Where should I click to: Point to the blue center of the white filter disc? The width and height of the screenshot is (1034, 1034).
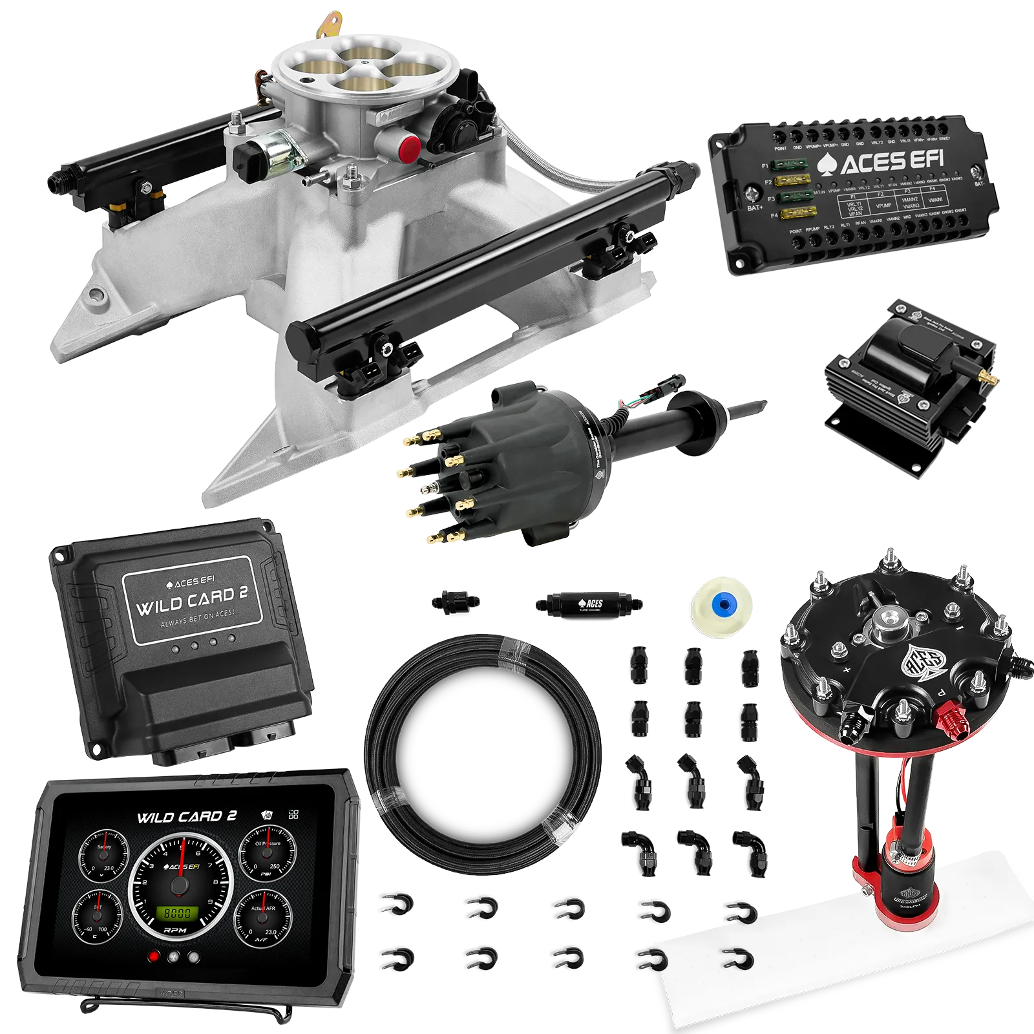coord(723,606)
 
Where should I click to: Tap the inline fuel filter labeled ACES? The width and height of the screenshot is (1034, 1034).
coord(588,604)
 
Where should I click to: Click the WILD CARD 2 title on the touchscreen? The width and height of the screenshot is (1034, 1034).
coord(186,818)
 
